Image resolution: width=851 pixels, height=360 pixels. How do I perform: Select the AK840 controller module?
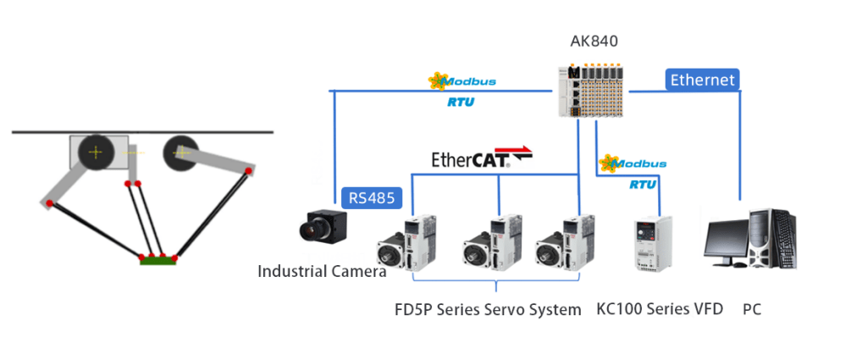click(594, 91)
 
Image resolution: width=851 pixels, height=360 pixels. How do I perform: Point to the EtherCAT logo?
click(482, 158)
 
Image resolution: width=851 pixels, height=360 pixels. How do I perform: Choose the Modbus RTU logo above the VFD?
click(633, 169)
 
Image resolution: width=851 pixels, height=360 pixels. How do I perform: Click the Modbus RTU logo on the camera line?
click(462, 88)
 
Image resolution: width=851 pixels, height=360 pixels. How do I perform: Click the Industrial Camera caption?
click(322, 272)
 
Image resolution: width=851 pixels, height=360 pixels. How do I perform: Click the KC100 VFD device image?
click(655, 243)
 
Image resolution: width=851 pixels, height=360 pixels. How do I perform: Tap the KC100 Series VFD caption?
click(660, 309)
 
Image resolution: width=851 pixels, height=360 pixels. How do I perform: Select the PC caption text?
click(751, 310)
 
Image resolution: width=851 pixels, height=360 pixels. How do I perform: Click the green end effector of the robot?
click(157, 260)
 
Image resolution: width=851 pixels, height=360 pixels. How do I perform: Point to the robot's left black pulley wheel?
click(96, 152)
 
